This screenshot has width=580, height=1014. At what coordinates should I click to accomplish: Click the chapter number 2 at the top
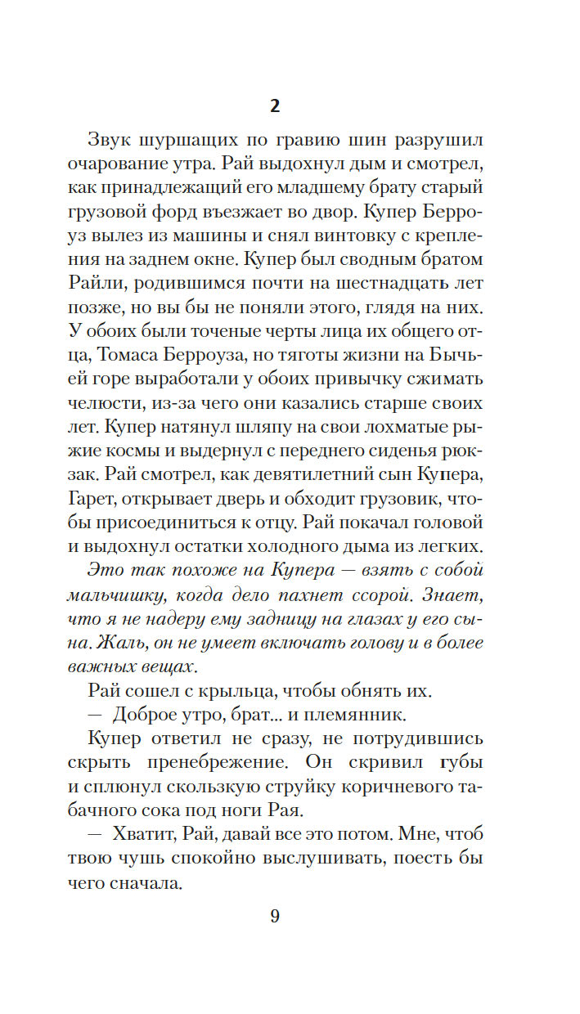click(275, 106)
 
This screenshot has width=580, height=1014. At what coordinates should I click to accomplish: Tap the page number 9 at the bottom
click(275, 915)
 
